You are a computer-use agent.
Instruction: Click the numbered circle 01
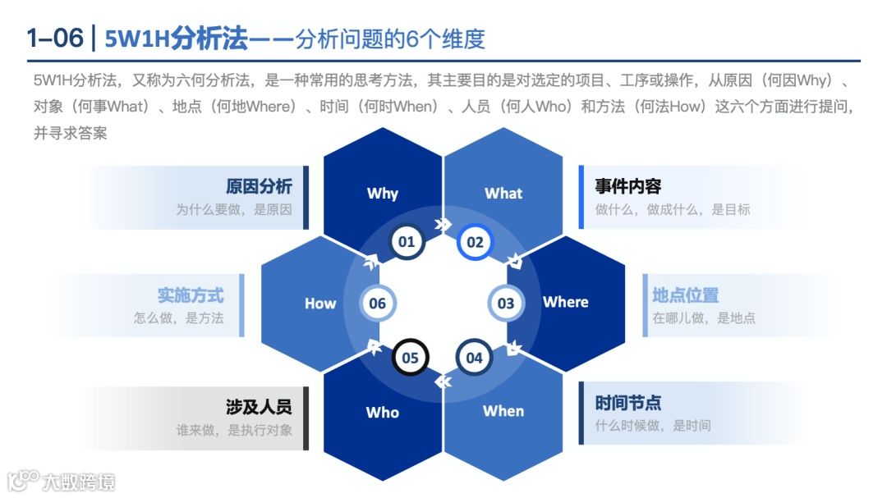tap(406, 242)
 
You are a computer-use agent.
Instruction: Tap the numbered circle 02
tap(476, 242)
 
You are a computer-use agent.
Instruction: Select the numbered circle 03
tap(506, 304)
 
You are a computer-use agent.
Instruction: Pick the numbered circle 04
tap(475, 358)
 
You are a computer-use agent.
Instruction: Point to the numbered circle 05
tap(410, 358)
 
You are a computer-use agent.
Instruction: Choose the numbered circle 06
tap(378, 304)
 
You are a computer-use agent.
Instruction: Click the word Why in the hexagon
tap(383, 194)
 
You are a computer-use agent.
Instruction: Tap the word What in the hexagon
tap(503, 194)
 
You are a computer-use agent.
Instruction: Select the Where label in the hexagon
tap(566, 302)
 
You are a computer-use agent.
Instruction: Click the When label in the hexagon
tap(503, 411)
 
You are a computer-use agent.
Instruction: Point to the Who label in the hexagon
tap(383, 412)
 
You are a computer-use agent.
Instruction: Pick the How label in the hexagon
tap(320, 304)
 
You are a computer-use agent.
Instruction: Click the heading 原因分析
tap(259, 186)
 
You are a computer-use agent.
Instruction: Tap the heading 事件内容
tap(628, 186)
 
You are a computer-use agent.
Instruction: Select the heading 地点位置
tap(686, 295)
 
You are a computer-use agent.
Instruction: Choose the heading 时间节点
tap(628, 403)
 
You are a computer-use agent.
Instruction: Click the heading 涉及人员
tap(259, 406)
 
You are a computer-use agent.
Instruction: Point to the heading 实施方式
tap(191, 295)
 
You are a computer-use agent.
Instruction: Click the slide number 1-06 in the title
tap(55, 38)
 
